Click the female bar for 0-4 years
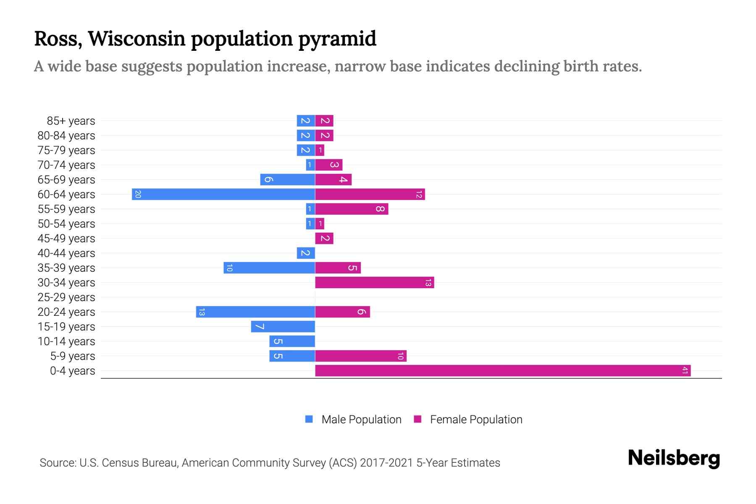(503, 370)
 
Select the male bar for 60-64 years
(223, 194)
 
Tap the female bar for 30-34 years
(374, 282)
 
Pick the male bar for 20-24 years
(255, 312)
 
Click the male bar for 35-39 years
(269, 268)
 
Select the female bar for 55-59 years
(352, 209)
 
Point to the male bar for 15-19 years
(283, 326)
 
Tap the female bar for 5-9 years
(361, 356)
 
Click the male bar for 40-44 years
(306, 253)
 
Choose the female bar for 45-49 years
(324, 238)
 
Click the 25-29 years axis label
(66, 297)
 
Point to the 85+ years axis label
(71, 121)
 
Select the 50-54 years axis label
(66, 224)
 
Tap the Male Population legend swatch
(309, 419)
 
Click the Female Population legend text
(476, 420)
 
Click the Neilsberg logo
(674, 458)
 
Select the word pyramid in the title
(337, 39)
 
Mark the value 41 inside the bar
(685, 370)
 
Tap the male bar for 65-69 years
(288, 179)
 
